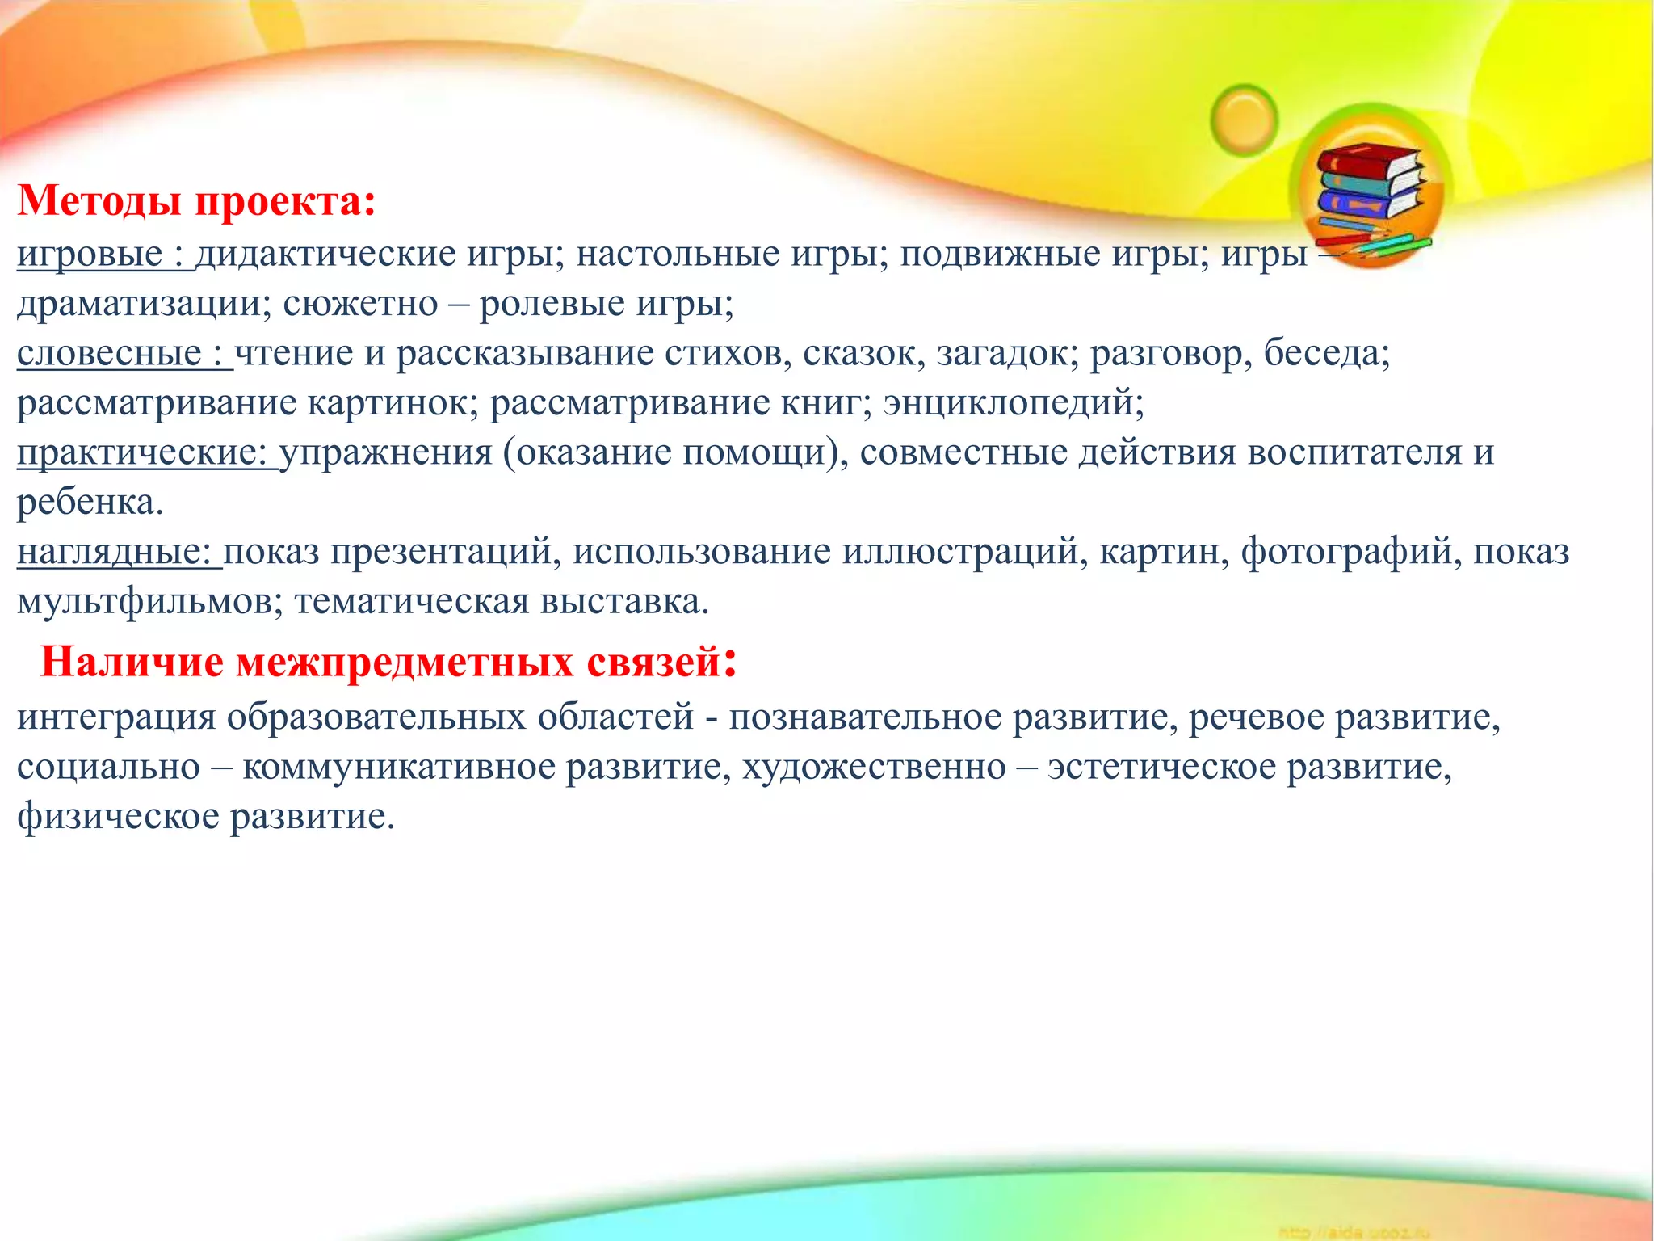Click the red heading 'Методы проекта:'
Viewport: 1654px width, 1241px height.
tap(196, 201)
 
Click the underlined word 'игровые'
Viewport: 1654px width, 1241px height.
tap(90, 255)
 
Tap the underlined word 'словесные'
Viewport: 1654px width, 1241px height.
tap(109, 354)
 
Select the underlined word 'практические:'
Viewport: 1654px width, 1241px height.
tap(142, 452)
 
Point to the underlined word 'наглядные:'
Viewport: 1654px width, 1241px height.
tap(114, 552)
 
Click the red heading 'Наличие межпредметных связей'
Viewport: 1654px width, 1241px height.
tap(380, 663)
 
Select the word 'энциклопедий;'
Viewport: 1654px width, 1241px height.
tap(1014, 402)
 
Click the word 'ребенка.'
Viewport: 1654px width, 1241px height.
tap(90, 503)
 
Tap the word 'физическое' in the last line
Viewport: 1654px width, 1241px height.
tap(118, 817)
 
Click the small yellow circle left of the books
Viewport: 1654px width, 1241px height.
tap(1245, 120)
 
